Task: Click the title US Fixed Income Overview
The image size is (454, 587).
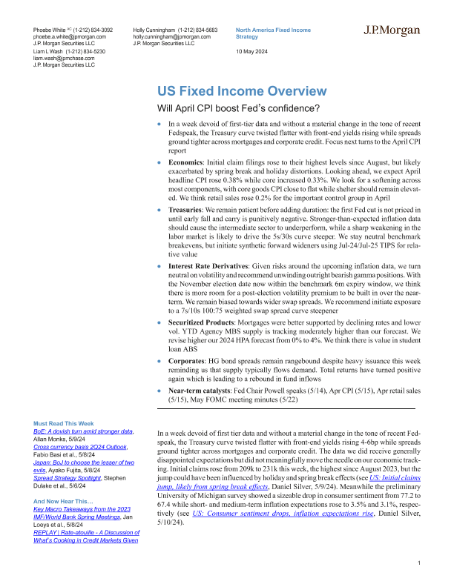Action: [220, 91]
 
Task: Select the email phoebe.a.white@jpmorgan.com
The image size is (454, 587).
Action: [70, 36]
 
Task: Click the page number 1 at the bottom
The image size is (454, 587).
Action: [419, 565]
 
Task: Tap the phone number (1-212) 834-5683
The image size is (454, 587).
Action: [195, 28]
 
